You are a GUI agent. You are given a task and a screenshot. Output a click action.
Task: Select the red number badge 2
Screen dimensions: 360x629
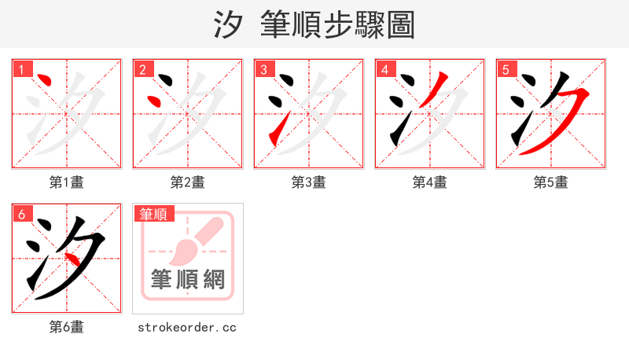coord(142,69)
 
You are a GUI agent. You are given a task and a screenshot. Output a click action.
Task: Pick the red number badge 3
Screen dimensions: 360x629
coord(263,69)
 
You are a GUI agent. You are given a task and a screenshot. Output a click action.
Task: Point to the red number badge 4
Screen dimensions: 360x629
coord(384,69)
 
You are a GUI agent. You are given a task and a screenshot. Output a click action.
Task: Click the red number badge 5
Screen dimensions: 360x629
coord(506,69)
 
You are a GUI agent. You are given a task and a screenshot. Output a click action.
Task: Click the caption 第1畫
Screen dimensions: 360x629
coord(67,182)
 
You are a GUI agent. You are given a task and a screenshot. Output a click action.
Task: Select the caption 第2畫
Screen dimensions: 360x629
coord(188,182)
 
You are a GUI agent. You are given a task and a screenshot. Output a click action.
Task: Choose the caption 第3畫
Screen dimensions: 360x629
coord(309,182)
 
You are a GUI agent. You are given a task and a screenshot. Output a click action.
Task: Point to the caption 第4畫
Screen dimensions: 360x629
coord(430,182)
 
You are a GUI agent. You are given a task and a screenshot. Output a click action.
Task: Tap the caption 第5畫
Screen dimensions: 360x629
coord(551,182)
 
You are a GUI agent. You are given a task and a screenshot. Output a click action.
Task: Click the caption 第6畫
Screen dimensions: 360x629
coord(67,327)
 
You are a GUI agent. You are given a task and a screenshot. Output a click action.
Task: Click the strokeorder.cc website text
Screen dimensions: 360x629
coord(187,327)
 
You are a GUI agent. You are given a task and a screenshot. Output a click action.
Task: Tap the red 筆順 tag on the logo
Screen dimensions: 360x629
coord(153,214)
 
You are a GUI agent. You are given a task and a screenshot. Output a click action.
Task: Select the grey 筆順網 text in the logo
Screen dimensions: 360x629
coord(188,279)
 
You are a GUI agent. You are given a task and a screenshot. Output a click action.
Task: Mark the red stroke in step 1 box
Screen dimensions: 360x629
coord(45,79)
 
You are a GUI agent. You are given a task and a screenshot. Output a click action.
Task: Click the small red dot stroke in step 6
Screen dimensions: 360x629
coord(71,259)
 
